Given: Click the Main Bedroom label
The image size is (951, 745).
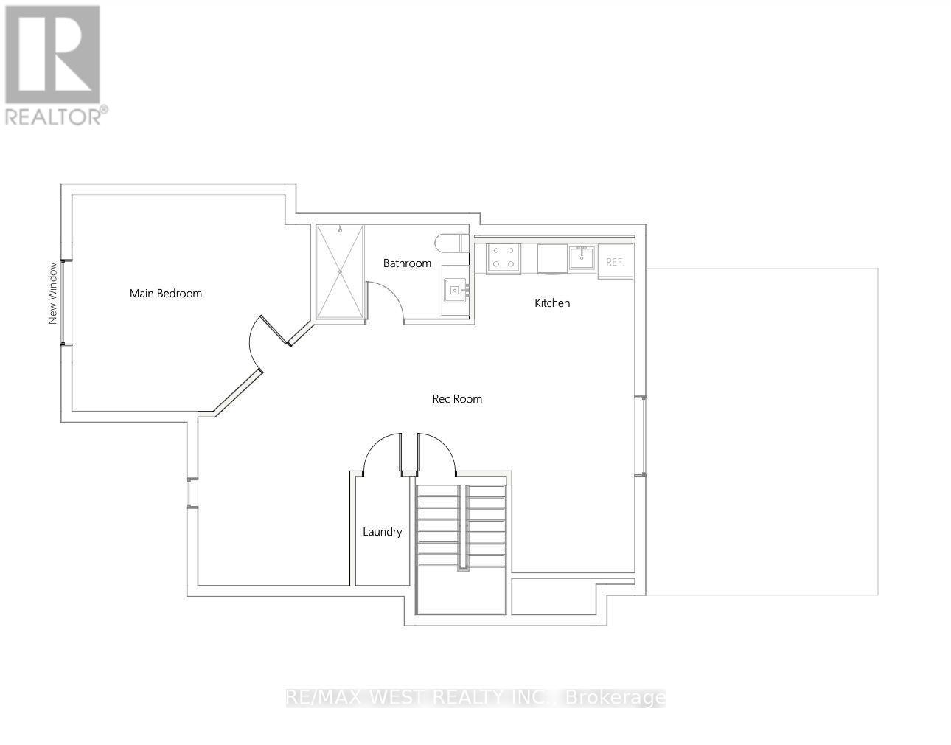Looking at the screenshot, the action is (165, 294).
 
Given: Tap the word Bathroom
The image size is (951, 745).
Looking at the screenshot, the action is (407, 263).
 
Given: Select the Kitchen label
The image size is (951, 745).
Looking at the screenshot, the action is (552, 303).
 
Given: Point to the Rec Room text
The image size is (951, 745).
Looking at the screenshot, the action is (457, 399).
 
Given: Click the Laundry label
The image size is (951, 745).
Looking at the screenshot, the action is (382, 532).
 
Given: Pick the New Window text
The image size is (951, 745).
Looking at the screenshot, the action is (52, 294).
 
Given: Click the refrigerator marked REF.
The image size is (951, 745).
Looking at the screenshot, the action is (616, 261).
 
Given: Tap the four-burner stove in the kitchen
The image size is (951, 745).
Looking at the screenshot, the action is (504, 258).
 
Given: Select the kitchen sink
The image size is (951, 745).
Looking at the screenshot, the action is (582, 257).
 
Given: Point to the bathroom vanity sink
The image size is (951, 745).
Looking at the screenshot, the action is (456, 290).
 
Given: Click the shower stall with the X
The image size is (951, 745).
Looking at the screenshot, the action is (340, 271).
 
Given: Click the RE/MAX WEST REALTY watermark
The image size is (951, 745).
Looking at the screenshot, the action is (475, 698).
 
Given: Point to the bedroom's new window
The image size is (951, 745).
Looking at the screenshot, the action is (66, 302).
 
